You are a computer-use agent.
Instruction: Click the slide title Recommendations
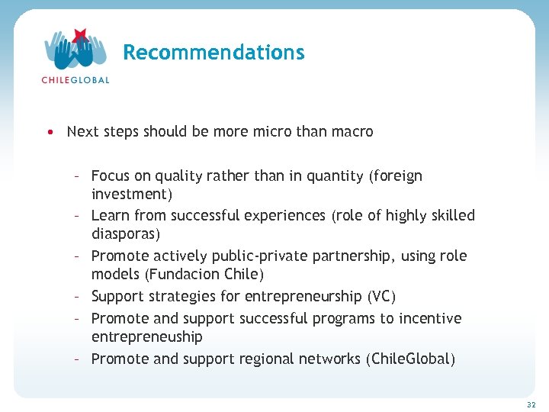[213, 53]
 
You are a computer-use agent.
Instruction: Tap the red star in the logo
[80, 35]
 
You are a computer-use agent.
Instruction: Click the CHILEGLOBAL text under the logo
[75, 79]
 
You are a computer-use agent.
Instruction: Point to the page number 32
[531, 404]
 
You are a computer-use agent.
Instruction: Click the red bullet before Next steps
[50, 132]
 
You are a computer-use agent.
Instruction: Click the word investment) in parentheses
[132, 194]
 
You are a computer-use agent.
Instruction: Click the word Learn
[111, 216]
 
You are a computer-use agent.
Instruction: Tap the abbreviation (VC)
[381, 296]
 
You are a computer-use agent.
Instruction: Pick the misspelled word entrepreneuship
[147, 336]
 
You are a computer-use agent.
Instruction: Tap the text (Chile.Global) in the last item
[410, 359]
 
